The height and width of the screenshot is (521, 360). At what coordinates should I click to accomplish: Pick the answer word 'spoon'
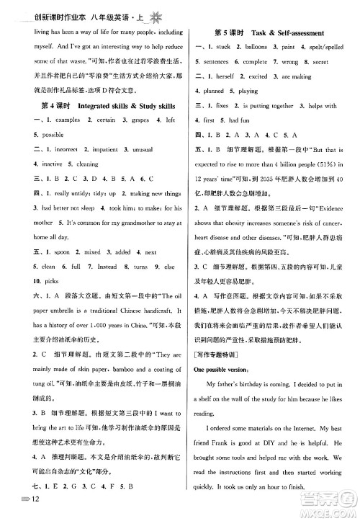[48, 253]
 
